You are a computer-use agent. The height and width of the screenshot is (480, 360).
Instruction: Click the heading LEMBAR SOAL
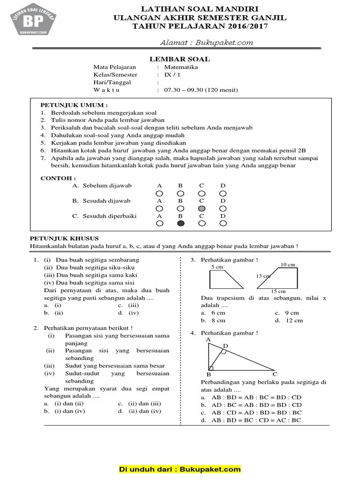click(x=180, y=59)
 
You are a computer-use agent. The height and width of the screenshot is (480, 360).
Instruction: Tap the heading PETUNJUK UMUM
click(x=74, y=105)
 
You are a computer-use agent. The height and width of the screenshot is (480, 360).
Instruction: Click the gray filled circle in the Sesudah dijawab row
click(x=202, y=208)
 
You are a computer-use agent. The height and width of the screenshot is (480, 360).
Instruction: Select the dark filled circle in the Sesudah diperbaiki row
click(x=180, y=224)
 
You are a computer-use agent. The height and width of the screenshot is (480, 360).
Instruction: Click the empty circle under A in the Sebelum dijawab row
click(x=159, y=193)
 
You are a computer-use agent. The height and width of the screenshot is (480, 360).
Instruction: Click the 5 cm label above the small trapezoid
click(x=217, y=267)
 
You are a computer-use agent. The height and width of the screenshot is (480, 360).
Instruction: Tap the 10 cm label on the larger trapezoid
click(x=287, y=264)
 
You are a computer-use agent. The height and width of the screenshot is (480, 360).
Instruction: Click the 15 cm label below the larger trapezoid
click(x=278, y=291)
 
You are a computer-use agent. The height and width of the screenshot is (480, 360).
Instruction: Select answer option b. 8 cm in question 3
click(x=213, y=321)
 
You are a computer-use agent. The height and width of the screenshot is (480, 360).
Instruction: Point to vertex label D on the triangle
click(x=225, y=346)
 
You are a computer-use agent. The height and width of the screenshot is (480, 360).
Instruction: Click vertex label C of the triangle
click(x=275, y=374)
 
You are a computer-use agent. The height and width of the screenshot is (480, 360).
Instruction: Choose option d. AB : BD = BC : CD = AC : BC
click(x=251, y=420)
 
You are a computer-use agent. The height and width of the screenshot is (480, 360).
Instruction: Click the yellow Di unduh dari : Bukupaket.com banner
click(x=180, y=469)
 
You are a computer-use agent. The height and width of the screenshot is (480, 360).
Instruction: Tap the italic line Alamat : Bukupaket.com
click(x=207, y=42)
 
